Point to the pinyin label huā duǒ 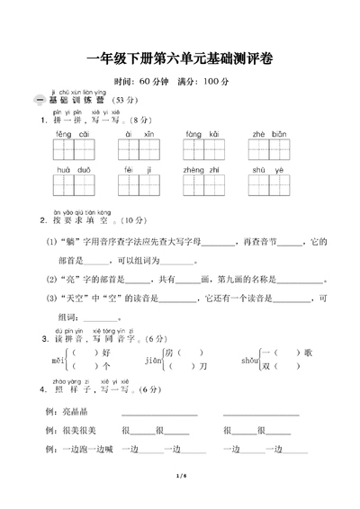[70, 169]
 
